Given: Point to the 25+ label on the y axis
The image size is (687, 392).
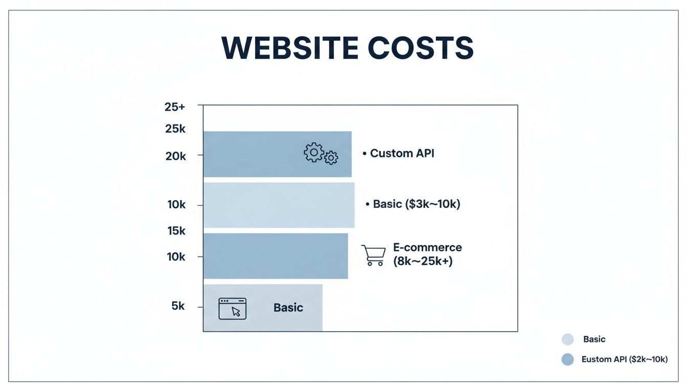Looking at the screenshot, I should coord(175,107).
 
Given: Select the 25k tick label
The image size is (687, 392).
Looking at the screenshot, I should coord(175,129).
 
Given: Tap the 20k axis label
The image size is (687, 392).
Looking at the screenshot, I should coord(175,156).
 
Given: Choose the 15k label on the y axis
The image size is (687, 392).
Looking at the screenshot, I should coord(176,231).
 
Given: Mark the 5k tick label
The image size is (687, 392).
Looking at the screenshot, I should coord(177,306).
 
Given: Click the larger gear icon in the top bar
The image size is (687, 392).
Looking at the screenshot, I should coord(313,152).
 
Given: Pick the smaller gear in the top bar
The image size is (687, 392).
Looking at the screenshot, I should coord(331,158).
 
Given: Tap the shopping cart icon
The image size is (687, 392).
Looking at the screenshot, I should coord(373,255).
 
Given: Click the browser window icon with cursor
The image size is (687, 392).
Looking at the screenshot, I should coord(233,308).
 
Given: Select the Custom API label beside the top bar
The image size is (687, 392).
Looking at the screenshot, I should coord(402,153).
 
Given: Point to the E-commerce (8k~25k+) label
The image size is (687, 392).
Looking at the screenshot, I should coord(427,255).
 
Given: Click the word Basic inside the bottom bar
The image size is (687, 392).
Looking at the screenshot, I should coord(288,308).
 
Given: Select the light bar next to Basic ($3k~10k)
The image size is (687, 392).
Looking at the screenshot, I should coord(279,205).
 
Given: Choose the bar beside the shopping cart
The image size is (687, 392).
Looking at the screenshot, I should coord(276,256).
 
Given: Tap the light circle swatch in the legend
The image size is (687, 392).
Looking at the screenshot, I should coord(567,339).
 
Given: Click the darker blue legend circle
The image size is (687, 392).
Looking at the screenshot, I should coord(567,359).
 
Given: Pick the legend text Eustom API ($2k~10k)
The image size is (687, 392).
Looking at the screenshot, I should coord(625,359).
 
